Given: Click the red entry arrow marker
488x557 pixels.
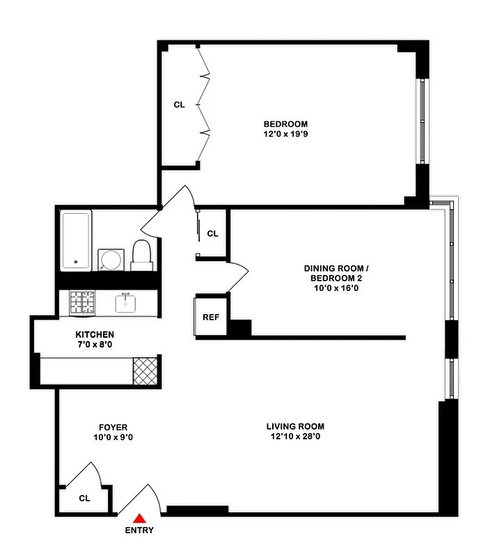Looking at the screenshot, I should [x=140, y=517].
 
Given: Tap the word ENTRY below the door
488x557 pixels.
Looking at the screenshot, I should [x=140, y=530].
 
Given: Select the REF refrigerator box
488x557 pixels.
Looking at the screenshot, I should [x=210, y=317].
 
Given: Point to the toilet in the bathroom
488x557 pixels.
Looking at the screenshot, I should [x=142, y=256].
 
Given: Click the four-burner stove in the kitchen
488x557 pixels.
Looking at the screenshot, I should [x=81, y=302].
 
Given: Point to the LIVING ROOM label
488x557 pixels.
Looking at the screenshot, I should [x=295, y=426].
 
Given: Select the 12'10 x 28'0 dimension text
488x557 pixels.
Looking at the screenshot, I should [x=295, y=437].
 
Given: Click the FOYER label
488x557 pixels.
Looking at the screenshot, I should [x=113, y=427].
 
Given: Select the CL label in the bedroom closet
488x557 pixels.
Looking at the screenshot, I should [x=179, y=104].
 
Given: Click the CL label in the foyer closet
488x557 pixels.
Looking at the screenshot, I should [x=84, y=498].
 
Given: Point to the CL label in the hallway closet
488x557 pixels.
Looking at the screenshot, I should [x=213, y=233].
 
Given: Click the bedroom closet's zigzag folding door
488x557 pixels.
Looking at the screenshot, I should [x=204, y=104].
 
